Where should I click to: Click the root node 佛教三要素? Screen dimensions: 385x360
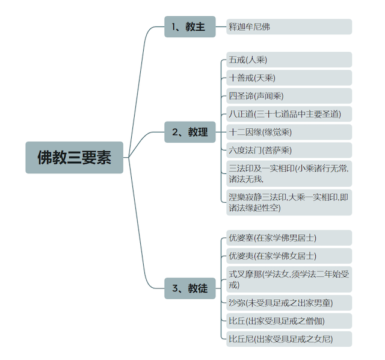(74, 157)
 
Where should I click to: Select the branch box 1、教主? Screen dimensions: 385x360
(190, 26)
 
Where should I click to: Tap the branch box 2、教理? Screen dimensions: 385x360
(190, 132)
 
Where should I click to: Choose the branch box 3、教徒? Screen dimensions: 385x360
(190, 288)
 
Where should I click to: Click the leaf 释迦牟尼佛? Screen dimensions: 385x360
(289, 26)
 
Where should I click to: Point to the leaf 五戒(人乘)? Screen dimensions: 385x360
(289, 60)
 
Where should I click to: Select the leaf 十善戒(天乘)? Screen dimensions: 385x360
(289, 78)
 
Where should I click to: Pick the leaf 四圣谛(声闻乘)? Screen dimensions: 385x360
(289, 96)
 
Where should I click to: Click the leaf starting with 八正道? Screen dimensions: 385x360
(289, 114)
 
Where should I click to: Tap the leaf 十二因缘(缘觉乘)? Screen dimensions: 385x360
(289, 132)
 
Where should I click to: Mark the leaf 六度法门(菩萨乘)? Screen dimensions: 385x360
(289, 150)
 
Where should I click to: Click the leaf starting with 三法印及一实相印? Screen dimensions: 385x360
(289, 173)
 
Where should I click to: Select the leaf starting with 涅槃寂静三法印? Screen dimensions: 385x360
(289, 202)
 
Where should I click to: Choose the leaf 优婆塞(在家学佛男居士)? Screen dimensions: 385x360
(289, 238)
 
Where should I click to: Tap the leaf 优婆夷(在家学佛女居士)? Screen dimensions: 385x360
(289, 256)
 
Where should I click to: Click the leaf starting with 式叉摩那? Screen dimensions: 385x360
(289, 279)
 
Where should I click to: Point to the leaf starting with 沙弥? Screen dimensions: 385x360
(289, 303)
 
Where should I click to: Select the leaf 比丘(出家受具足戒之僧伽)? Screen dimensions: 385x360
(289, 321)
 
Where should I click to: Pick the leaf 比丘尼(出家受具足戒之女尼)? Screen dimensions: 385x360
(289, 339)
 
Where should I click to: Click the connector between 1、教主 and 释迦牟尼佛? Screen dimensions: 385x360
(221, 26)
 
